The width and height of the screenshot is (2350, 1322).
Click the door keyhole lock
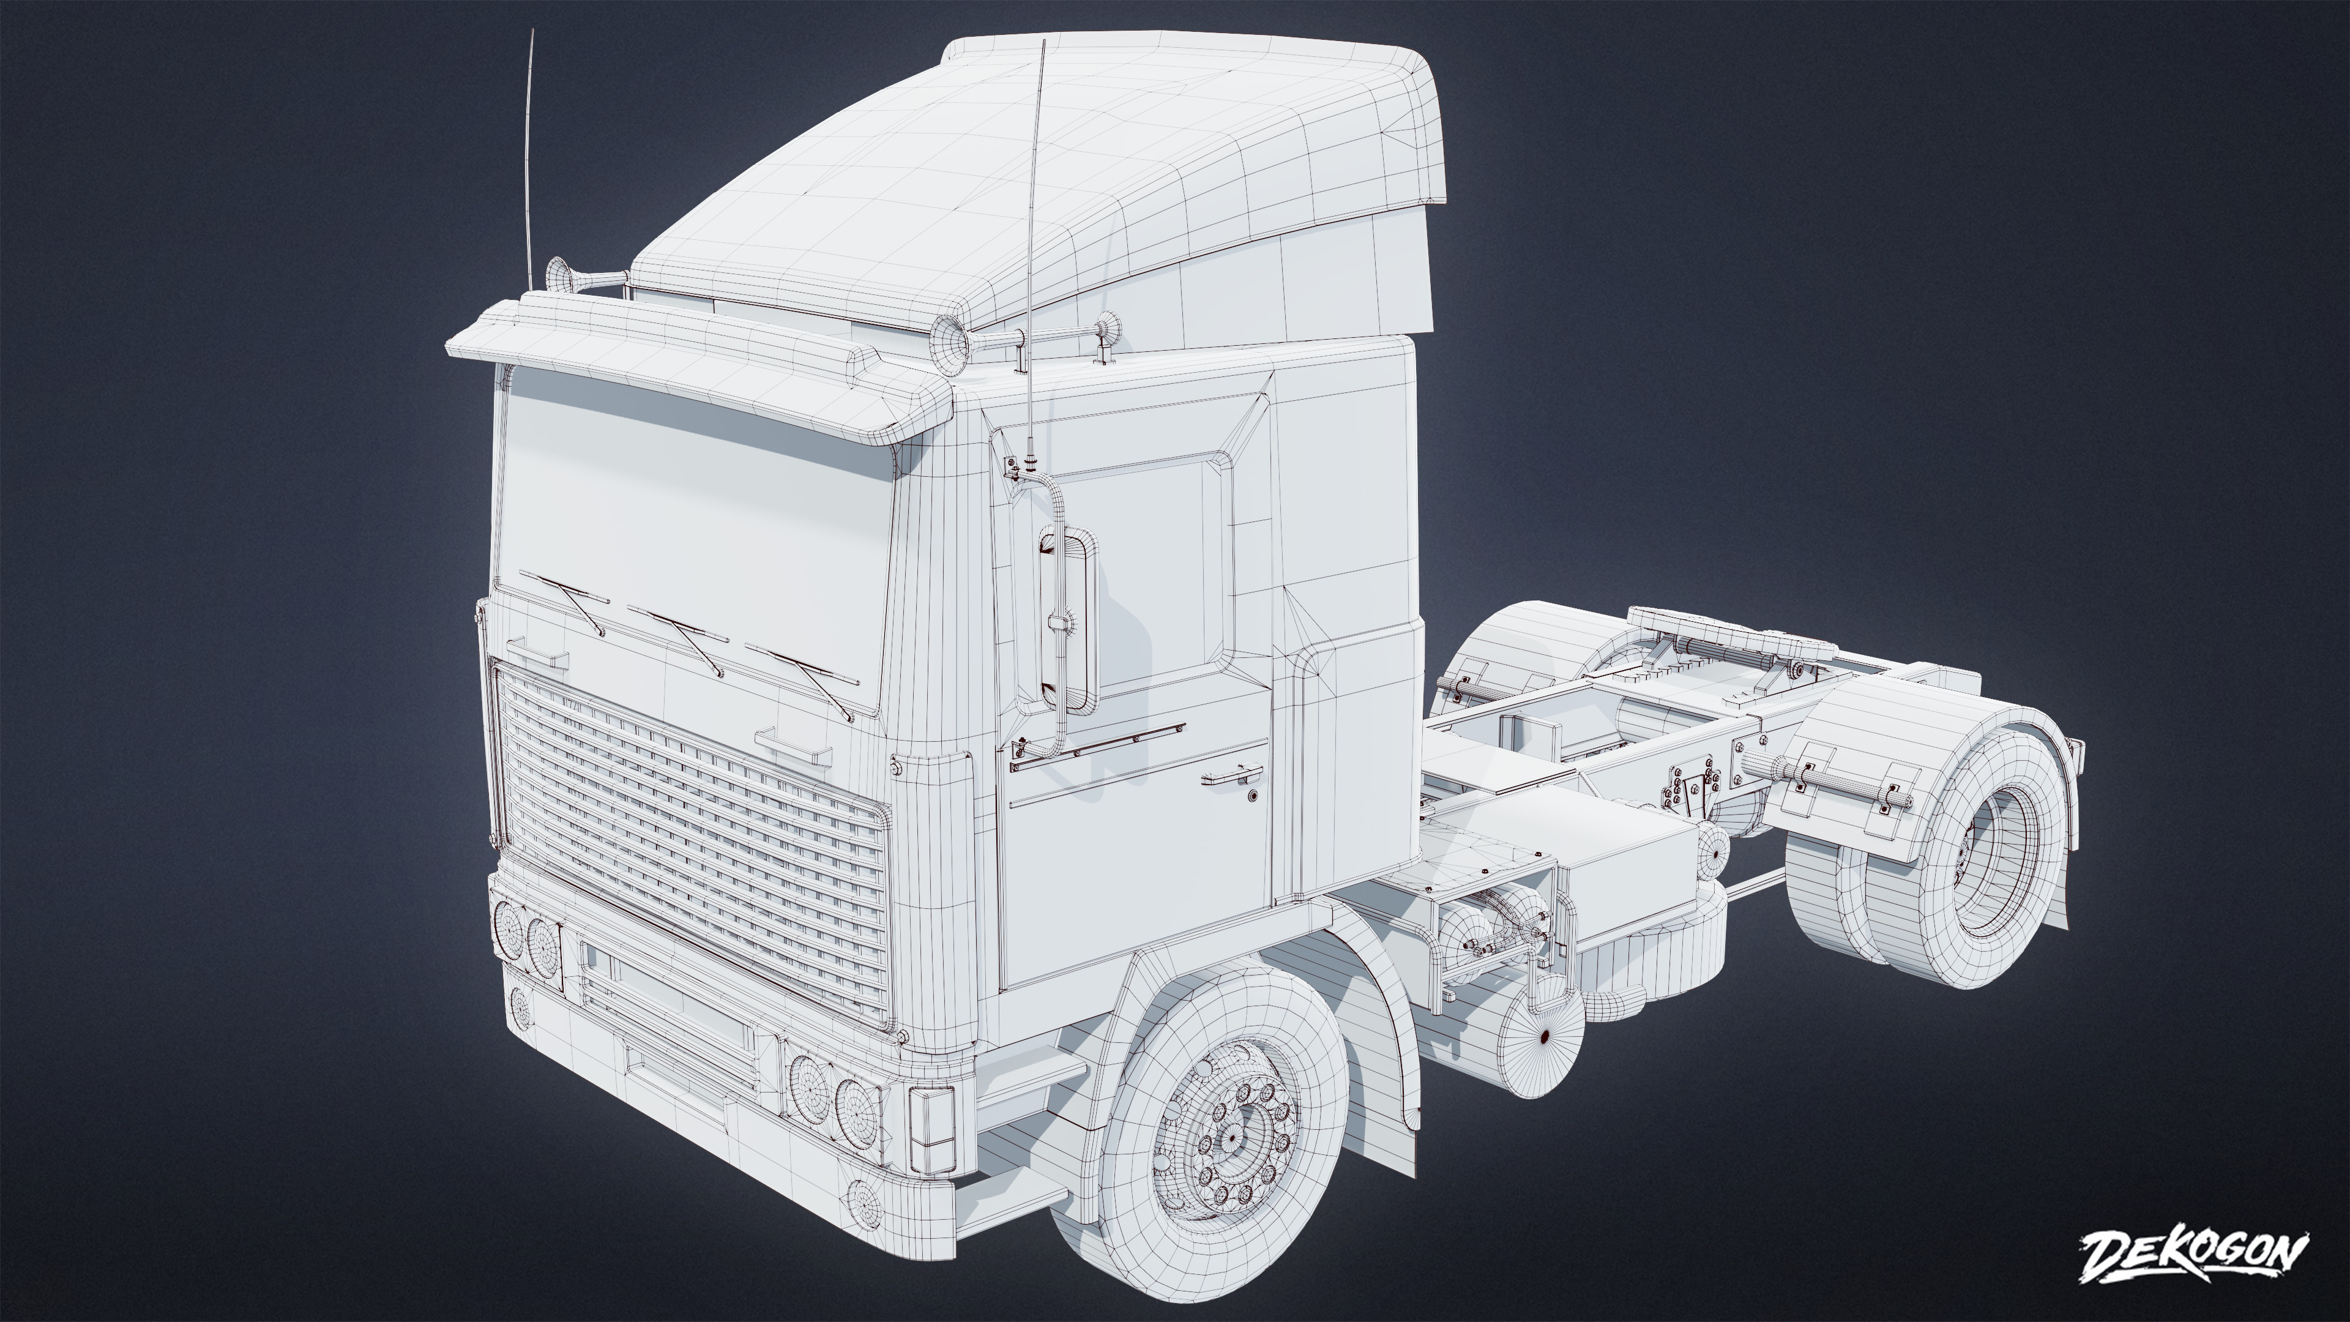click(1253, 796)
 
